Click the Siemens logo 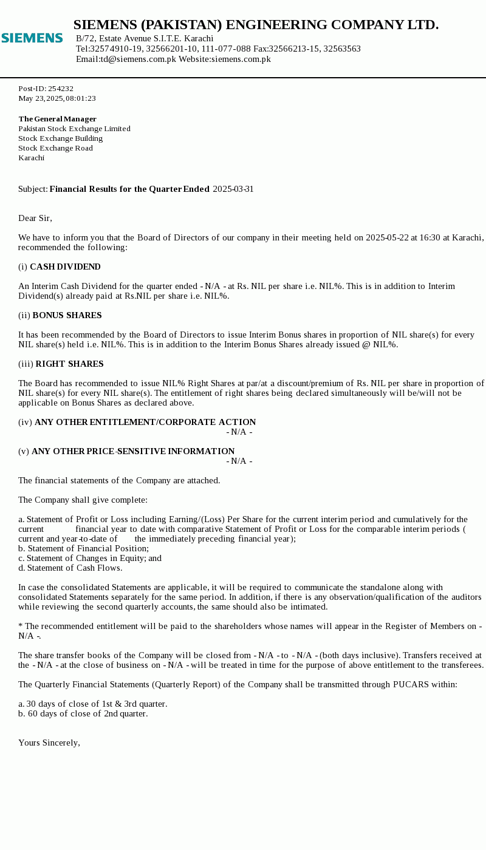[x=32, y=38]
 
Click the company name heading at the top [x=256, y=25]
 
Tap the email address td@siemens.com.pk [x=139, y=59]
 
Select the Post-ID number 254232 [x=61, y=89]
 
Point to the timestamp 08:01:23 [x=81, y=98]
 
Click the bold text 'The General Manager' [x=58, y=119]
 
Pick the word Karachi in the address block [x=32, y=158]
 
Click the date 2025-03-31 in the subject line [x=233, y=189]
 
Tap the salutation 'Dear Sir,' [x=35, y=218]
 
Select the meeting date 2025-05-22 [x=387, y=237]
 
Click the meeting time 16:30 [x=422, y=237]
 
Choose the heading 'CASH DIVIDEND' [x=65, y=267]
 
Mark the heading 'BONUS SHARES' [x=67, y=315]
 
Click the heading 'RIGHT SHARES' [x=69, y=364]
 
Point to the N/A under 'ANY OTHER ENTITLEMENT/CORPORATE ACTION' [x=239, y=432]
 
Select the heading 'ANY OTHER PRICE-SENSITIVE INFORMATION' [x=133, y=451]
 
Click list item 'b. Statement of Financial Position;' [x=83, y=548]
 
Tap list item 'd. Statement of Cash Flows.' [x=70, y=568]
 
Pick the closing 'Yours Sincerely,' [x=49, y=743]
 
